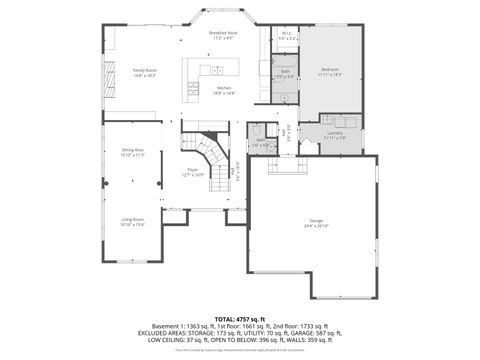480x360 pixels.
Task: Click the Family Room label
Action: click(145, 72)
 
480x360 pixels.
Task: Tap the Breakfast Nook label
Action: click(223, 35)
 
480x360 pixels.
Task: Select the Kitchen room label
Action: click(226, 90)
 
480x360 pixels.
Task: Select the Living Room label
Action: click(133, 223)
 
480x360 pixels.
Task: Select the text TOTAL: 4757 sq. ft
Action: click(240, 318)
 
